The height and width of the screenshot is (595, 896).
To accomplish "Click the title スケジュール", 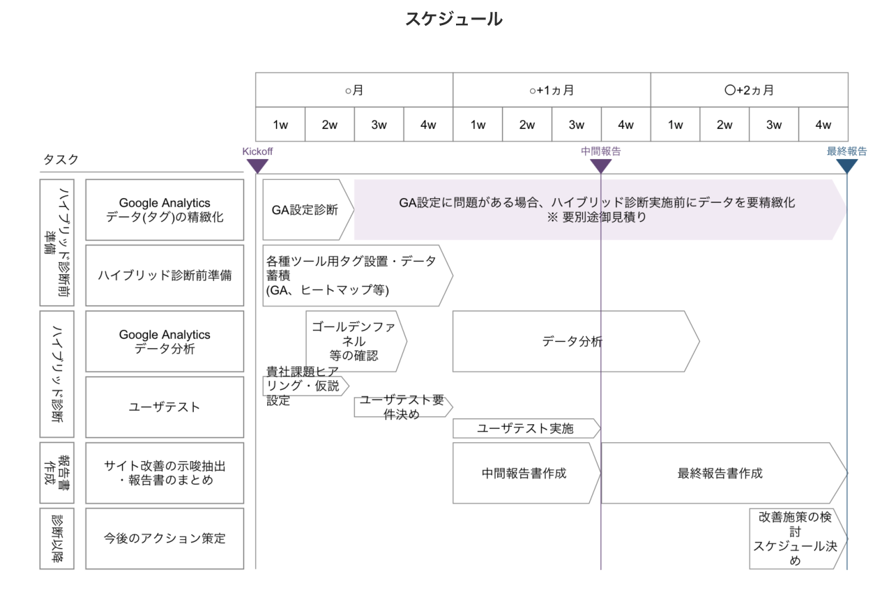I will pyautogui.click(x=453, y=20).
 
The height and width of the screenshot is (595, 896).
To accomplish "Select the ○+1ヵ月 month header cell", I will pyautogui.click(x=552, y=90).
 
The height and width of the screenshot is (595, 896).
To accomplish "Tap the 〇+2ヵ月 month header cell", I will pyautogui.click(x=749, y=90).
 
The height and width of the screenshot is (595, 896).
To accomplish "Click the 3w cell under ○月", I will pyautogui.click(x=379, y=125).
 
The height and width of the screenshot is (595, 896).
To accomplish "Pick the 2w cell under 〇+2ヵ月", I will pyautogui.click(x=724, y=125).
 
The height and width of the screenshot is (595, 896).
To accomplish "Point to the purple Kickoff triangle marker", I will pyautogui.click(x=257, y=166).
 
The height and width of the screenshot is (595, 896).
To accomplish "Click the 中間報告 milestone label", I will pyautogui.click(x=600, y=151).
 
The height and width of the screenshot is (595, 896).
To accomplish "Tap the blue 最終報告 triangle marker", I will pyautogui.click(x=846, y=166).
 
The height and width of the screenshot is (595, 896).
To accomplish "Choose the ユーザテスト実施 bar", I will pyautogui.click(x=526, y=428).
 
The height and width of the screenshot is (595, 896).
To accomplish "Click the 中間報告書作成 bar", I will pyautogui.click(x=525, y=473).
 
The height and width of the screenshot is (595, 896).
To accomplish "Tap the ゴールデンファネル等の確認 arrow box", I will pyautogui.click(x=355, y=342).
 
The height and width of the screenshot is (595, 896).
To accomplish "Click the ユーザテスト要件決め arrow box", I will pyautogui.click(x=402, y=407).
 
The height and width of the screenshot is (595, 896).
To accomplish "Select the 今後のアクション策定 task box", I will pyautogui.click(x=165, y=538).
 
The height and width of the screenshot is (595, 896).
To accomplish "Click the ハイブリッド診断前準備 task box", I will pyautogui.click(x=165, y=276).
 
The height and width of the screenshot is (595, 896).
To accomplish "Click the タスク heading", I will pyautogui.click(x=61, y=160).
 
